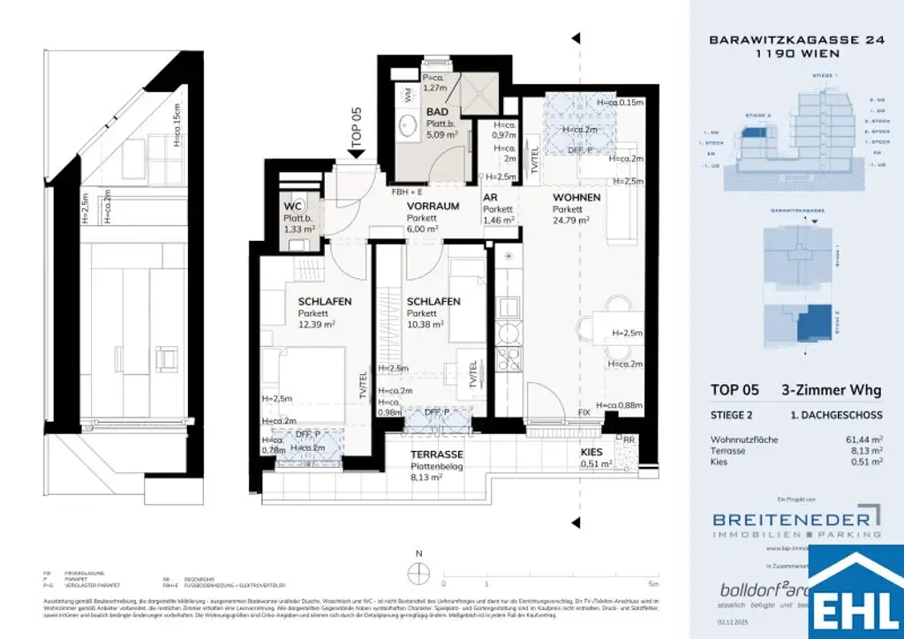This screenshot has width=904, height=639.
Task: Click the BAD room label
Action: (437, 113)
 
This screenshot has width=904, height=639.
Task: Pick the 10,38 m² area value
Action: (425, 324)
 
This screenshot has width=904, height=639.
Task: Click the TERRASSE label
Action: (437, 454)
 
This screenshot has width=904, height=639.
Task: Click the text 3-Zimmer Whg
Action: (831, 390)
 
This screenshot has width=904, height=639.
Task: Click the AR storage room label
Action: (490, 197)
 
